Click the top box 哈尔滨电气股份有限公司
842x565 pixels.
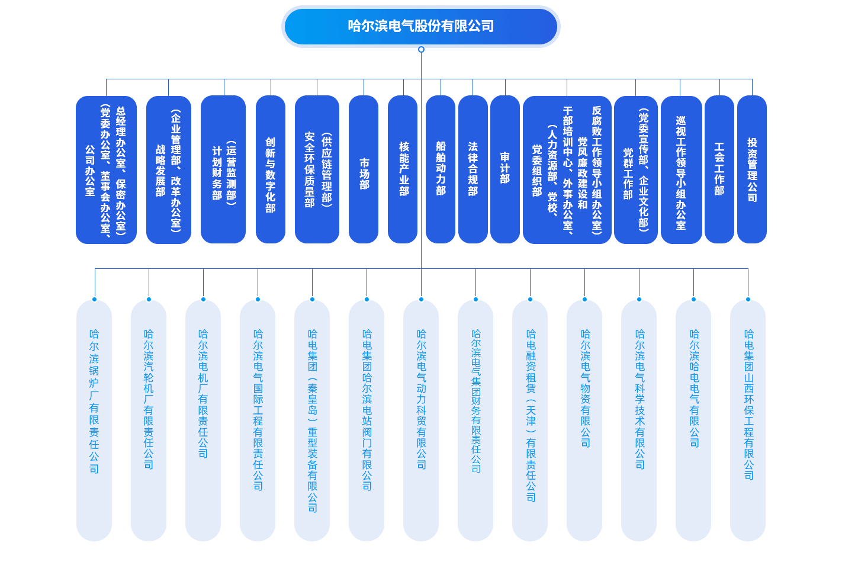point(420,26)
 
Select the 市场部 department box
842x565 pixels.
point(364,169)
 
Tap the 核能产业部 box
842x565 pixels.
point(403,169)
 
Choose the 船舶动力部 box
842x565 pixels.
point(441,169)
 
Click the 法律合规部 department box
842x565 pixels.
point(473,169)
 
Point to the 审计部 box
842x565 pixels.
point(504,169)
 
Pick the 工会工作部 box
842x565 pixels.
point(719,169)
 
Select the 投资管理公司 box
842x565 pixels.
point(752,169)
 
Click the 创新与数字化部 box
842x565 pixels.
point(271,169)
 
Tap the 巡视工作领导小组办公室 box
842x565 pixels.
point(681,169)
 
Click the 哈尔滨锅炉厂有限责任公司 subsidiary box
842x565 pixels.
point(94,420)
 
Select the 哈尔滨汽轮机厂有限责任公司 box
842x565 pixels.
point(149,420)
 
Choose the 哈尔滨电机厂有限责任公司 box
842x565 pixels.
point(203,420)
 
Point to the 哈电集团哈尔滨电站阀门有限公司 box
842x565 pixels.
point(367,420)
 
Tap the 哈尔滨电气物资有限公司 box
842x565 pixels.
point(584,420)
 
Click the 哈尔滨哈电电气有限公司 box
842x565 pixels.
point(693,420)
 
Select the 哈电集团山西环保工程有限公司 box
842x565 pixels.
point(748,420)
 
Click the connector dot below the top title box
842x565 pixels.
point(421,50)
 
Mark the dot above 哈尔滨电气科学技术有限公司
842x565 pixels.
point(639,299)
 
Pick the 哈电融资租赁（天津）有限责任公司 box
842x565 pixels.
point(530,420)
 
